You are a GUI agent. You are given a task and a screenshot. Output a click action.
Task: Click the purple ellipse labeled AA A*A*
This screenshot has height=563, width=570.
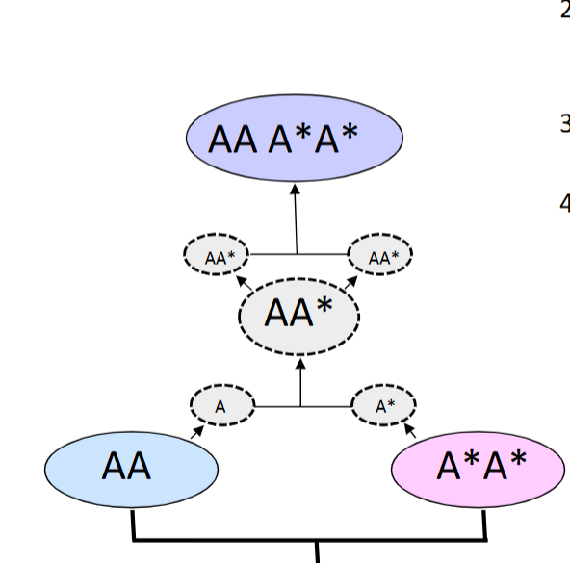(x=294, y=140)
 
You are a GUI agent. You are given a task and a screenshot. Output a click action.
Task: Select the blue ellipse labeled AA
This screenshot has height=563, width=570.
(x=132, y=469)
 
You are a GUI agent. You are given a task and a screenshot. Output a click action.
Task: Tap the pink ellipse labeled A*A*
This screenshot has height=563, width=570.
(x=479, y=469)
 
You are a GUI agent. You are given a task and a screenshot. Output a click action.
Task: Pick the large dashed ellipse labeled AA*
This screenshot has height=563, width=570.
(x=298, y=313)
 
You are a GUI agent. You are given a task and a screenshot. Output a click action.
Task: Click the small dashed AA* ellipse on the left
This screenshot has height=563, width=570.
(x=216, y=256)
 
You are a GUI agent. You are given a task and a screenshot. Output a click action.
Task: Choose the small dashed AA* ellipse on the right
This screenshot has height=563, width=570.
(x=379, y=256)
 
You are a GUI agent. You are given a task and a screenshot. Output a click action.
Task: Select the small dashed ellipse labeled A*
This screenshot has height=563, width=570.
(x=384, y=406)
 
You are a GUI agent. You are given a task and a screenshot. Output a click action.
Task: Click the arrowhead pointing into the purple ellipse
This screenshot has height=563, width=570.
(x=296, y=190)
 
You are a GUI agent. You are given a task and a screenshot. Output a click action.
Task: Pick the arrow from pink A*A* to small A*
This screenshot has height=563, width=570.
(x=408, y=429)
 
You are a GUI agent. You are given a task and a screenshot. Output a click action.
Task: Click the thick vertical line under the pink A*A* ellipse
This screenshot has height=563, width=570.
(x=484, y=525)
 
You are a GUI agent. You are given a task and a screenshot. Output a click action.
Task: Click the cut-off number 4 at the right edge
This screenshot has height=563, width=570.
(x=564, y=203)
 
